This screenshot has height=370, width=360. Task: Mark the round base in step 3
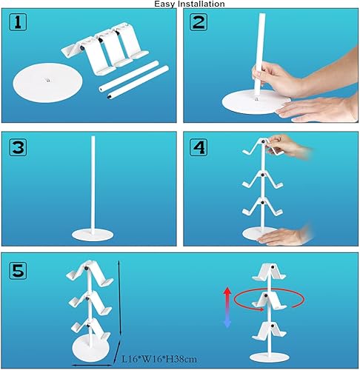[93, 235]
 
